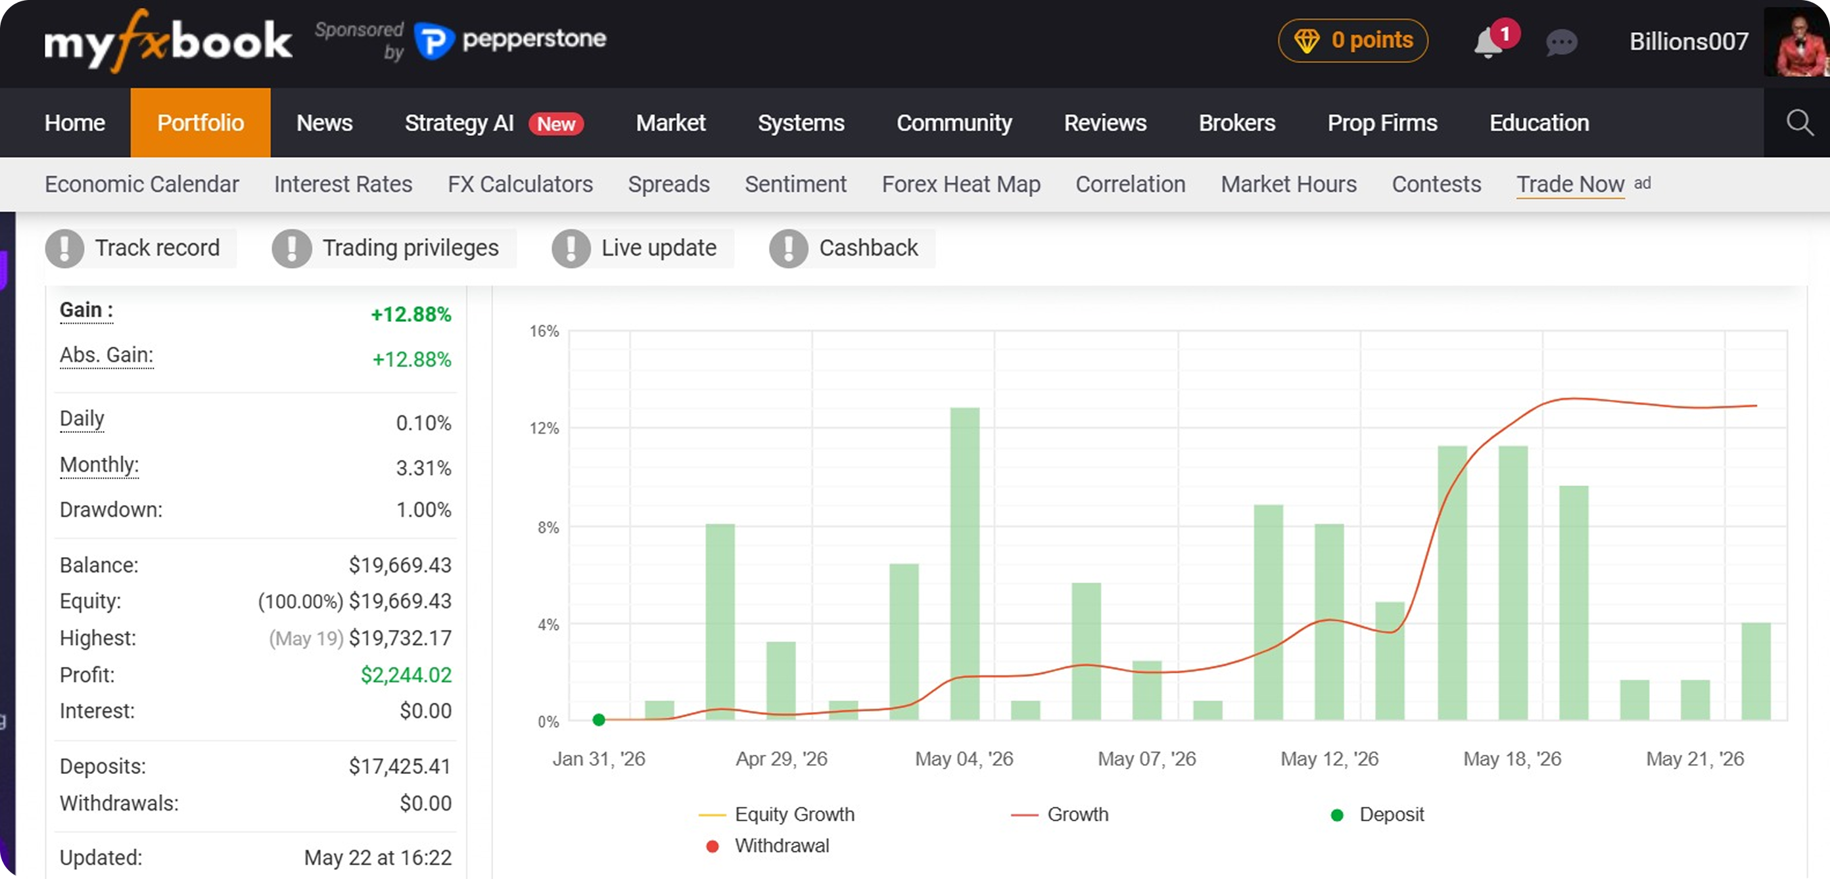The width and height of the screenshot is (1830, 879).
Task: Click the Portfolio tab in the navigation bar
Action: [200, 123]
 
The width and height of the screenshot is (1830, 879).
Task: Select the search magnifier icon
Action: [1800, 122]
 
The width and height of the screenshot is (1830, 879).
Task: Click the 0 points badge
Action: [1353, 41]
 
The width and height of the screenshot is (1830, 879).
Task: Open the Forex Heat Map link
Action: [960, 184]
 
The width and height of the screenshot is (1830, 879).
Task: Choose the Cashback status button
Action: [851, 248]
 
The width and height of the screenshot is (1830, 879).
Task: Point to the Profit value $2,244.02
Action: [406, 675]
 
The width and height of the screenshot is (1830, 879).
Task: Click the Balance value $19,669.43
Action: [400, 565]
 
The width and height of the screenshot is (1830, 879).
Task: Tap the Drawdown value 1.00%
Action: [423, 510]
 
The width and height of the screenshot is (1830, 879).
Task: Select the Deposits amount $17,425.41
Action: [400, 766]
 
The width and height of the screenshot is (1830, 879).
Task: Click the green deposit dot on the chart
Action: [599, 720]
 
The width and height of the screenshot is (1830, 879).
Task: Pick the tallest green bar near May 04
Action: [965, 564]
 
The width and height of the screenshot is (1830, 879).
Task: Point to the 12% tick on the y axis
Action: [544, 428]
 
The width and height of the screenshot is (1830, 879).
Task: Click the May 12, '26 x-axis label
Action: [1329, 759]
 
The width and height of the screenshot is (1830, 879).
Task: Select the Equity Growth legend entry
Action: [776, 815]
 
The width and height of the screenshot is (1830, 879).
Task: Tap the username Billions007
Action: [1689, 41]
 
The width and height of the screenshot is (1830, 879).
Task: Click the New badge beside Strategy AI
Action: [555, 124]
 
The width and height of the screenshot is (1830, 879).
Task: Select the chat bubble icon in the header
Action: [1560, 43]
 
